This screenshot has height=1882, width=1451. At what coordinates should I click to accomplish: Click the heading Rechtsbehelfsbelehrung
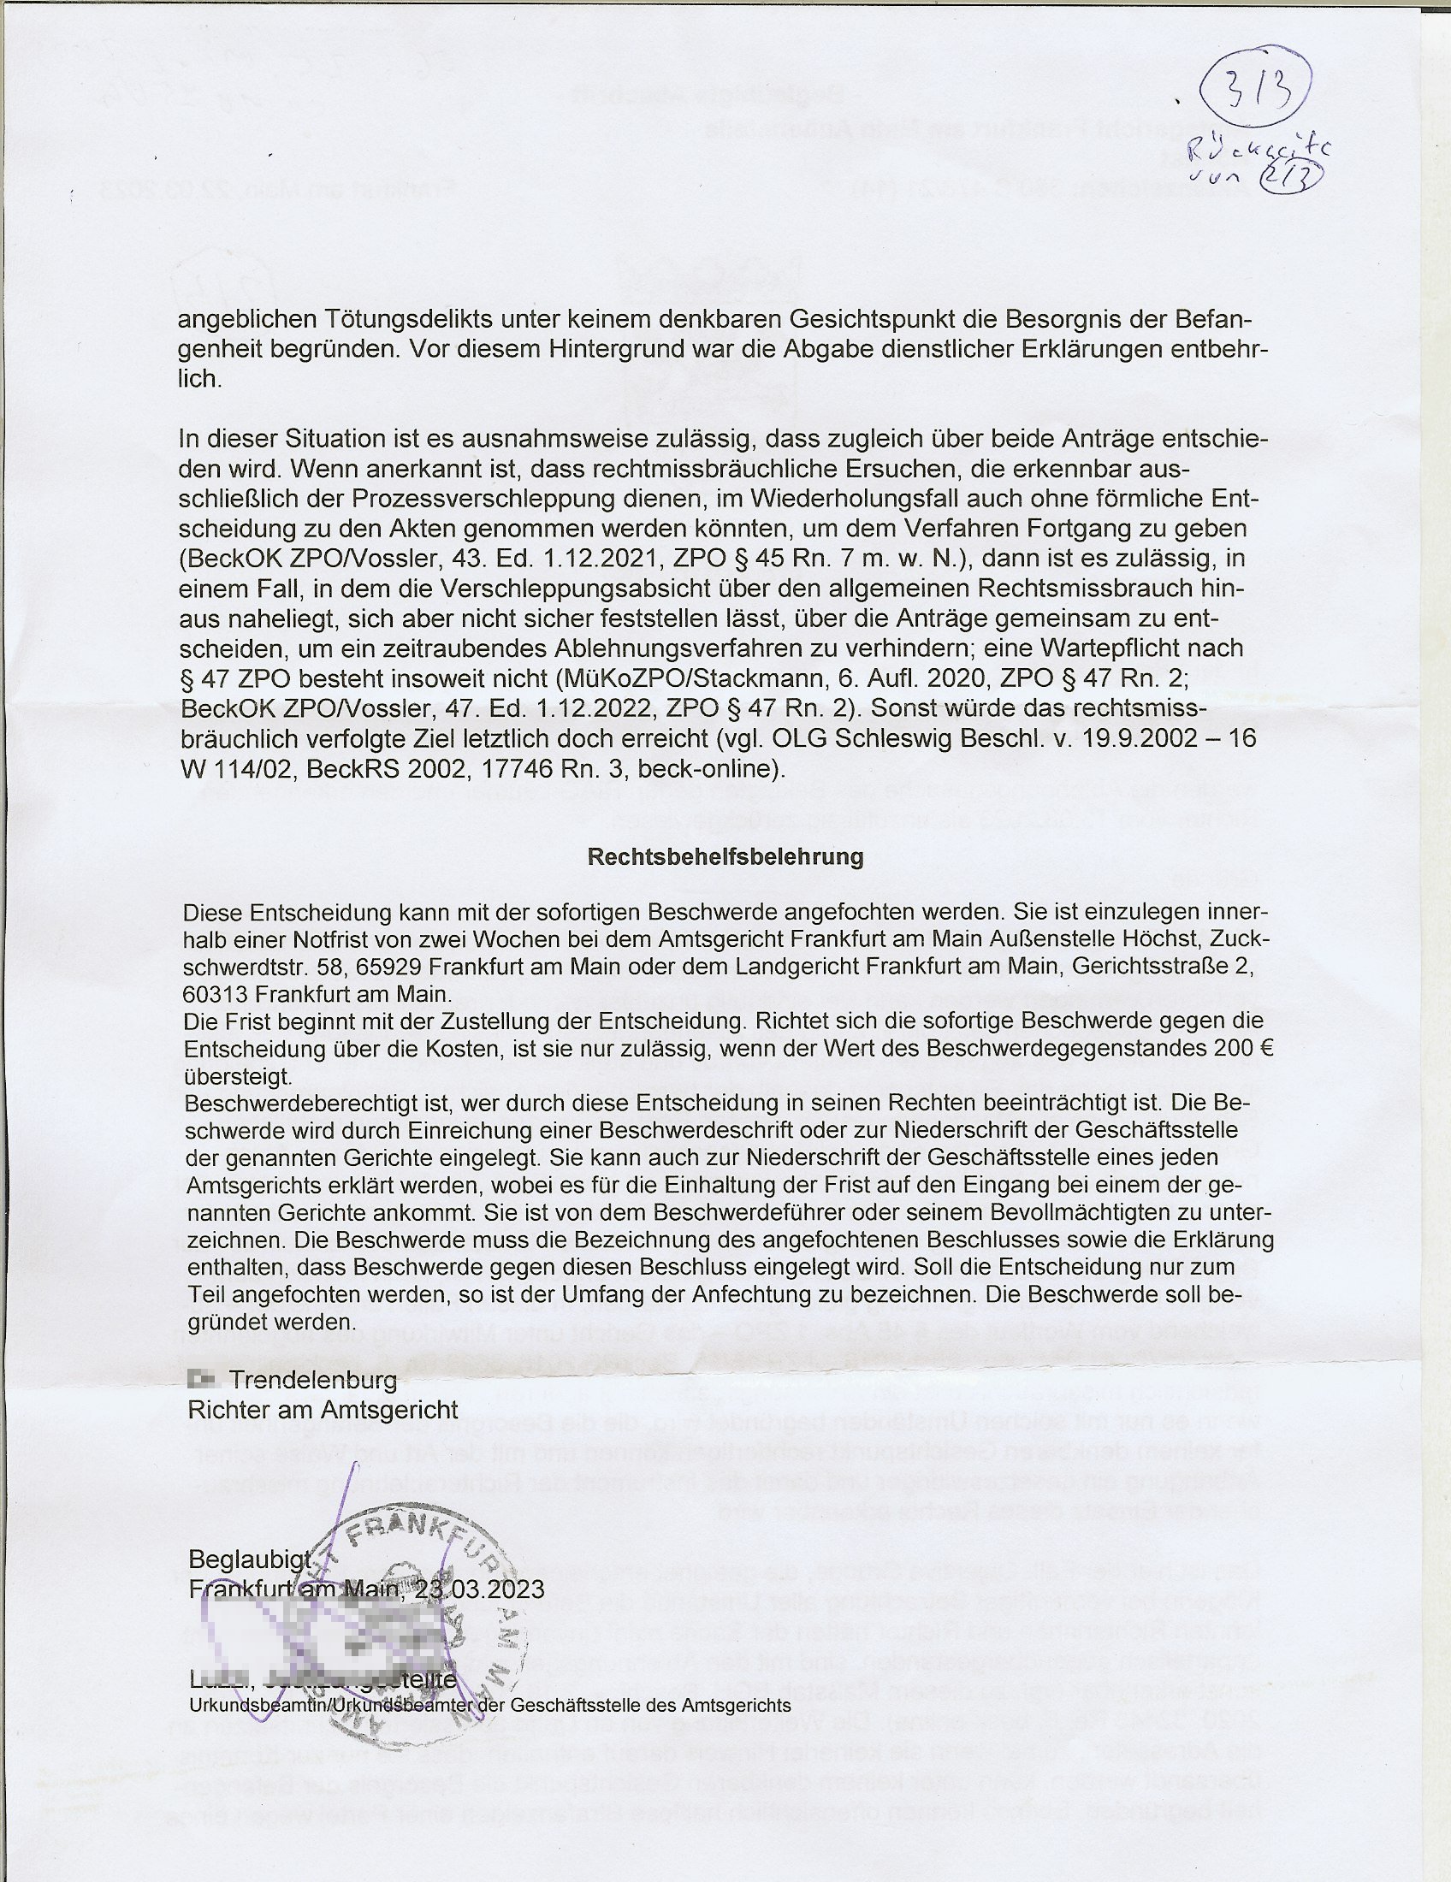[725, 856]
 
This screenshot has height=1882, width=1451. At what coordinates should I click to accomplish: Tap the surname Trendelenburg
[314, 1380]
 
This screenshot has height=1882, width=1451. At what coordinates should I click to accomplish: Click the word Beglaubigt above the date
[250, 1558]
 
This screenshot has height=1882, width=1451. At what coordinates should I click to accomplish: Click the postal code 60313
[215, 993]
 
